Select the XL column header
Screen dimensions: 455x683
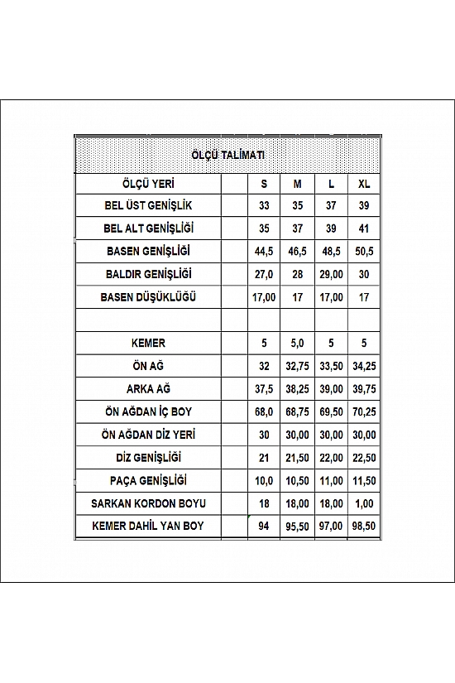click(x=364, y=184)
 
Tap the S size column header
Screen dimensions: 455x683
click(x=264, y=184)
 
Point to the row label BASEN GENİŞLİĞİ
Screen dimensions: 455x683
click(x=149, y=251)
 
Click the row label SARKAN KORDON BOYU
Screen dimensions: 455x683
click(x=149, y=503)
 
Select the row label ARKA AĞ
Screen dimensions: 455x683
click(x=149, y=388)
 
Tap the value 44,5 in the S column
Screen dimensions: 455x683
click(x=264, y=251)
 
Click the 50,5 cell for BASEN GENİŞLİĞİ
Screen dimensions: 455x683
click(x=364, y=251)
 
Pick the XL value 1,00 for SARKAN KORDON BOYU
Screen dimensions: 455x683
click(x=364, y=503)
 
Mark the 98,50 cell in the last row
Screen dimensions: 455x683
click(x=364, y=526)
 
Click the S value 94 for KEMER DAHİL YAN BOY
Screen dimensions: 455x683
click(x=264, y=526)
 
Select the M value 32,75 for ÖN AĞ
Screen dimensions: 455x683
click(x=297, y=365)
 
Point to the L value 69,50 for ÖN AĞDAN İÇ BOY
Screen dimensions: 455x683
click(x=330, y=411)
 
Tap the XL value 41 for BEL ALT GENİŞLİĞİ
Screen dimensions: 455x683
click(x=364, y=228)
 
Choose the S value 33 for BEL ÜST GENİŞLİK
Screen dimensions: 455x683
click(x=264, y=206)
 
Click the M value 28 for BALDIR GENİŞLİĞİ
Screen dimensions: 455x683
click(x=297, y=274)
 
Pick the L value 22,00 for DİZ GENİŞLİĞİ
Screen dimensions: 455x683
click(x=330, y=457)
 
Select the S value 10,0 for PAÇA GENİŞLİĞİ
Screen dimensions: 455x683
click(x=264, y=480)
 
